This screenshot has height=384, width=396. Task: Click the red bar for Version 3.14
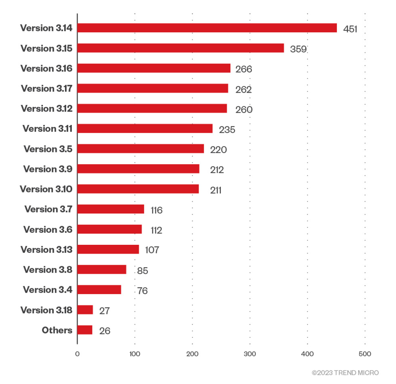[207, 28]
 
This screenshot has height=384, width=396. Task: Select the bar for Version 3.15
[180, 48]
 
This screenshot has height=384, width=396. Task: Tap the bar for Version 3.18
[85, 310]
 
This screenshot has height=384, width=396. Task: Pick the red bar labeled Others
[85, 330]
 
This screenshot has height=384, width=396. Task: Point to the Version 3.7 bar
[111, 209]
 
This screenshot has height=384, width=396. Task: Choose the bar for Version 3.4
[99, 290]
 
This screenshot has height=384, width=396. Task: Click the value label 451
[350, 29]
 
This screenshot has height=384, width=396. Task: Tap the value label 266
[244, 69]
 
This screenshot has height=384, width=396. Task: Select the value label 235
[227, 130]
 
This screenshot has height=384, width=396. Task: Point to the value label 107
[152, 250]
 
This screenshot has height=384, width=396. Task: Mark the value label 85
[143, 271]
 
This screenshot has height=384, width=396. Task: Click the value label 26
[104, 331]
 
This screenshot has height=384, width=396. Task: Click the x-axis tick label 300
[250, 354]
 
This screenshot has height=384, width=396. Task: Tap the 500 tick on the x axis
[365, 354]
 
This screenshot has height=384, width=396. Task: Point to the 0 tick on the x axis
[77, 354]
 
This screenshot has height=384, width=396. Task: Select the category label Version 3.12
[47, 109]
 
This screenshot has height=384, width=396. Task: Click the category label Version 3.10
[46, 189]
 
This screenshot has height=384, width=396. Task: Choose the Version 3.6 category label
[48, 230]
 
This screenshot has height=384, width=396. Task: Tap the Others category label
[57, 330]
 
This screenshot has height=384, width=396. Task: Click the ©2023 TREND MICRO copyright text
[345, 373]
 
